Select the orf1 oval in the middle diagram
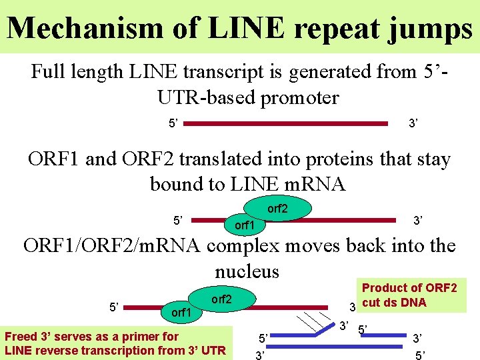pos(245,225)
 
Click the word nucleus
pos(247,271)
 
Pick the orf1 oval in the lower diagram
pos(181,311)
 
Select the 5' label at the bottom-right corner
pos(420,355)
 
